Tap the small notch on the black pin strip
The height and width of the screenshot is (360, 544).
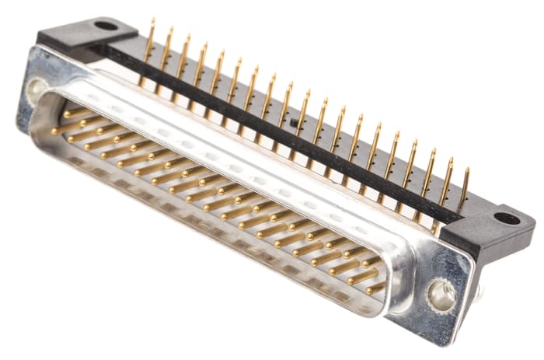tap(294, 123)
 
